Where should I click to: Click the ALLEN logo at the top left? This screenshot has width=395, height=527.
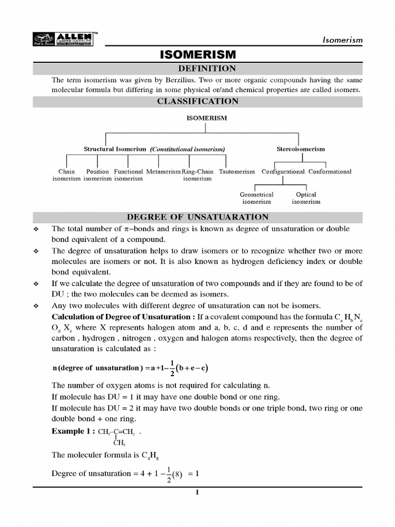[63, 39]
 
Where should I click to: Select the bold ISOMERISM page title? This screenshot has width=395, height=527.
[198, 55]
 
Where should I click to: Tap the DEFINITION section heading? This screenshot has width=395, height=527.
[198, 69]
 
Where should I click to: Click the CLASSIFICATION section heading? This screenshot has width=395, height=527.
[198, 101]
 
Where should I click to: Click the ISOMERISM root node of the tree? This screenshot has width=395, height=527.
[206, 118]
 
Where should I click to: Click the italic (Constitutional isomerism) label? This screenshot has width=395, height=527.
[188, 149]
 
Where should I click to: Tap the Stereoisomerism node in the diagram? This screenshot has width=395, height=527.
[301, 149]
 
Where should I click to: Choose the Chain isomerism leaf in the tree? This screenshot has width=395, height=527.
[66, 175]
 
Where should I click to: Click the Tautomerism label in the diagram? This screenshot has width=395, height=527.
[237, 172]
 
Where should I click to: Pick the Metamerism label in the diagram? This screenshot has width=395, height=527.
[163, 172]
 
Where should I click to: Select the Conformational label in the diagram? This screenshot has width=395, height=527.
[330, 172]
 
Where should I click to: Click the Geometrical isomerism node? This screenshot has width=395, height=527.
[257, 198]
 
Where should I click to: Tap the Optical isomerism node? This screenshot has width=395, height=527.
[306, 198]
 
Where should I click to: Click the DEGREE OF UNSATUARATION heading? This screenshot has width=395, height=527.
[198, 217]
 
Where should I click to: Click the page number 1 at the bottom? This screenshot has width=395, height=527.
[197, 493]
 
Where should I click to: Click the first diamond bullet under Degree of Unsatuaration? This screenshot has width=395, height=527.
[37, 229]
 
